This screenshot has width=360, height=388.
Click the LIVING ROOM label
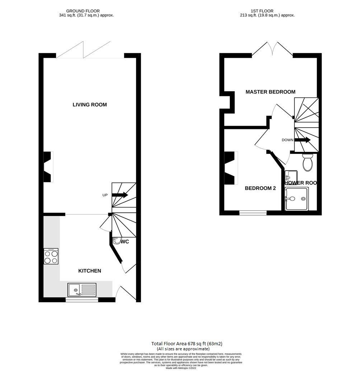90,105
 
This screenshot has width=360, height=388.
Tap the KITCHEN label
90,271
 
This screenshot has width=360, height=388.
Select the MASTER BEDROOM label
270,92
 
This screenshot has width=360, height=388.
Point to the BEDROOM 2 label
260,188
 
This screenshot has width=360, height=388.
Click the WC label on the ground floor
125,242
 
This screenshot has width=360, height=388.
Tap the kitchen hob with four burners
51,257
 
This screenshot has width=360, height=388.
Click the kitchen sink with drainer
82,290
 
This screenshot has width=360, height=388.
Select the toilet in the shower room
308,163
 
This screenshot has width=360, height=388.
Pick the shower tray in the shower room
296,198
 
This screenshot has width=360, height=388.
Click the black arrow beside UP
120,195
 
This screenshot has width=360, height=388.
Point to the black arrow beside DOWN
302,140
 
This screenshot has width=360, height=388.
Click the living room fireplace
48,167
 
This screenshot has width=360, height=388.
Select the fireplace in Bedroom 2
230,168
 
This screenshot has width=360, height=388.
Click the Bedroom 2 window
253,213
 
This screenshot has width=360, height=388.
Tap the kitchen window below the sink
82,300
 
